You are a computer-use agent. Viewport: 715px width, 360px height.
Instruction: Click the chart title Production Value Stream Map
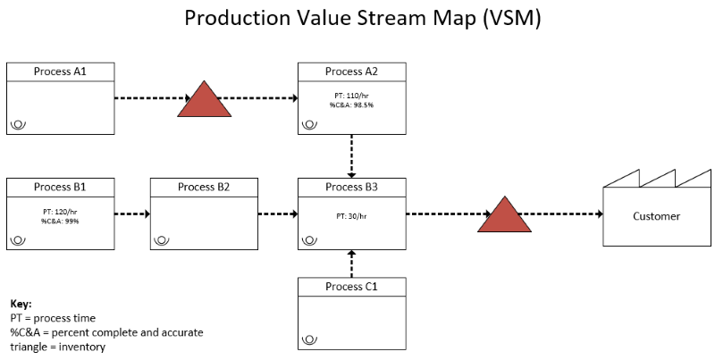(362, 19)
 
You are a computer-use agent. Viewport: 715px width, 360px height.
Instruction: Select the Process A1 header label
(61, 71)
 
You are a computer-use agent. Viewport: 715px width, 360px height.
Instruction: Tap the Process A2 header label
(351, 71)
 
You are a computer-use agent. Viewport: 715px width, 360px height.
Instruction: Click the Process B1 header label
(61, 187)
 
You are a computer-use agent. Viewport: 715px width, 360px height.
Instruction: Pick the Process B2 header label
(204, 187)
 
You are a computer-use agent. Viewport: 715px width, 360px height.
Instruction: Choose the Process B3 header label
(351, 187)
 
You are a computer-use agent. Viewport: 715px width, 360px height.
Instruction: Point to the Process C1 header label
(351, 287)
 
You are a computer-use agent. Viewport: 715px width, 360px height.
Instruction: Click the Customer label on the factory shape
(656, 216)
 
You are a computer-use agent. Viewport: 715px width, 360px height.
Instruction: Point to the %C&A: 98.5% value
(351, 105)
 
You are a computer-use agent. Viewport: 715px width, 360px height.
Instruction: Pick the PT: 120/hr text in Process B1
(60, 212)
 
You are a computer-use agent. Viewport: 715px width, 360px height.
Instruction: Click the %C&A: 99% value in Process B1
(60, 221)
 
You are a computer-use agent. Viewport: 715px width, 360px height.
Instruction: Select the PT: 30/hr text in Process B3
(351, 216)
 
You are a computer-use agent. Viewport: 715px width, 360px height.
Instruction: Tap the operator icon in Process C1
(309, 339)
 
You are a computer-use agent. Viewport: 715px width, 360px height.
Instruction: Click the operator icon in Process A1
(18, 124)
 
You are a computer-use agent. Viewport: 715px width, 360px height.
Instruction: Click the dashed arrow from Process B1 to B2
(131, 214)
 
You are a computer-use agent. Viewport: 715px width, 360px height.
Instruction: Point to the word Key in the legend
(21, 305)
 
